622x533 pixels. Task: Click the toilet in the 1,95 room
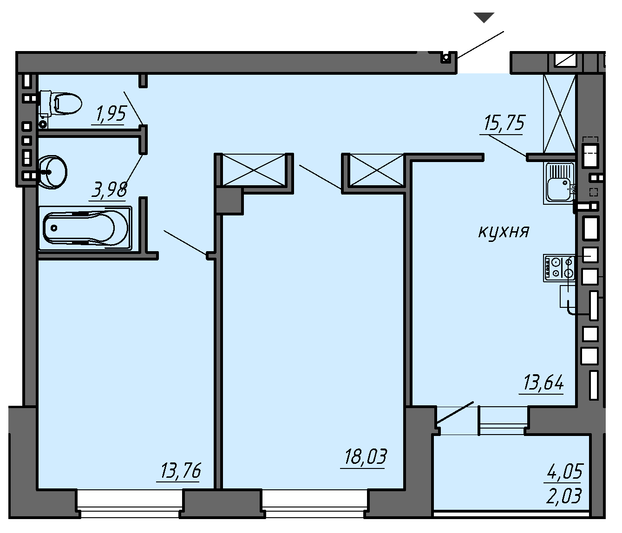pyautogui.click(x=61, y=104)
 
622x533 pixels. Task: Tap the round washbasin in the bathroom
pyautogui.click(x=52, y=172)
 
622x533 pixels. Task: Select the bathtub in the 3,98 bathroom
pyautogui.click(x=85, y=228)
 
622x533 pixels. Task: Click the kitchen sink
pyautogui.click(x=559, y=183)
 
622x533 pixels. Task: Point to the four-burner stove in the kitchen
pyautogui.click(x=559, y=268)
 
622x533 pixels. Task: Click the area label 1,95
pyautogui.click(x=111, y=114)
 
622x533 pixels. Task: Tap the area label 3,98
pyautogui.click(x=109, y=190)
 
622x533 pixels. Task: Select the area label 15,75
pyautogui.click(x=504, y=123)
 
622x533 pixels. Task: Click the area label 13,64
pyautogui.click(x=543, y=382)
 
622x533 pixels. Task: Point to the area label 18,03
pyautogui.click(x=366, y=456)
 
